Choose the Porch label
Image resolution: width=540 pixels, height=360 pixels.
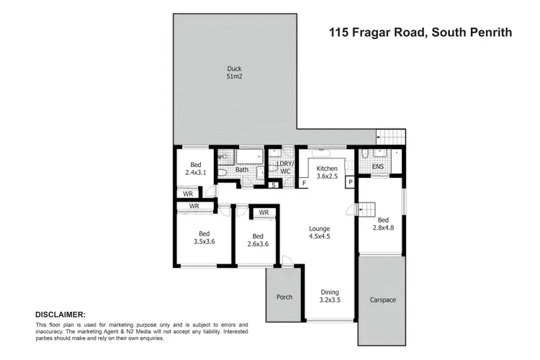tap(285, 297)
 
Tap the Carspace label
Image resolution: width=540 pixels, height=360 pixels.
tap(382, 299)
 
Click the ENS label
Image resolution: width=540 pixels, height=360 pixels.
tap(377, 167)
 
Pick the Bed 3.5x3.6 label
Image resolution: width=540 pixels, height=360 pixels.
tap(204, 238)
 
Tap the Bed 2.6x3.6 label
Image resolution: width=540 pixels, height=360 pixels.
tap(257, 240)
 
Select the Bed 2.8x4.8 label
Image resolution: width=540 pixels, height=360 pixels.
tap(383, 225)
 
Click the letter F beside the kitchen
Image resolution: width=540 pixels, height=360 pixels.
tap(305, 184)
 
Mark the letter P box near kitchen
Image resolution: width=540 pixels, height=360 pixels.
tap(350, 183)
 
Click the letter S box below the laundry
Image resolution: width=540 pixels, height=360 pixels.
tap(274, 184)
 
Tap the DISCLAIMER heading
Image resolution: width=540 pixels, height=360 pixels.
tap(60, 315)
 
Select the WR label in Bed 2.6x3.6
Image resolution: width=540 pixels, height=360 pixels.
tap(264, 212)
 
